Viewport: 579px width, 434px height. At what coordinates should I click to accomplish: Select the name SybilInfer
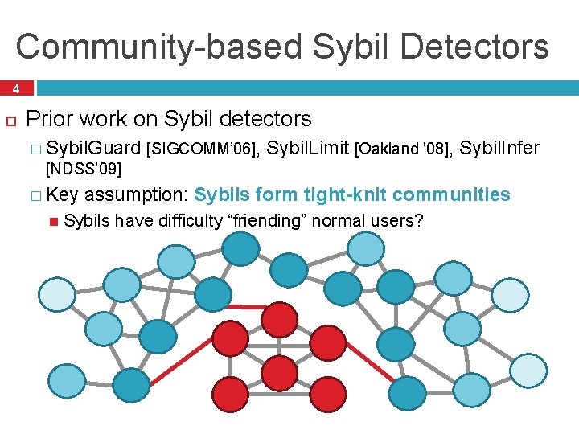501,148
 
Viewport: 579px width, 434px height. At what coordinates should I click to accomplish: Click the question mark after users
417,221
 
